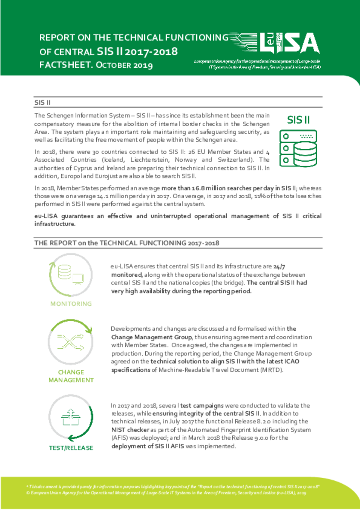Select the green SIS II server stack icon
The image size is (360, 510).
298,148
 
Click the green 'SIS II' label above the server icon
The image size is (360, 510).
298,120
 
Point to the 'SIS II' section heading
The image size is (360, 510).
43,103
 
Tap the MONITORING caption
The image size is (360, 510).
71,304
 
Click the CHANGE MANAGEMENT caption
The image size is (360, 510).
71,376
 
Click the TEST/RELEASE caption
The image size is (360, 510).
71,448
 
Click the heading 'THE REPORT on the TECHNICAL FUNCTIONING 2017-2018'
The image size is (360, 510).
127,243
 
